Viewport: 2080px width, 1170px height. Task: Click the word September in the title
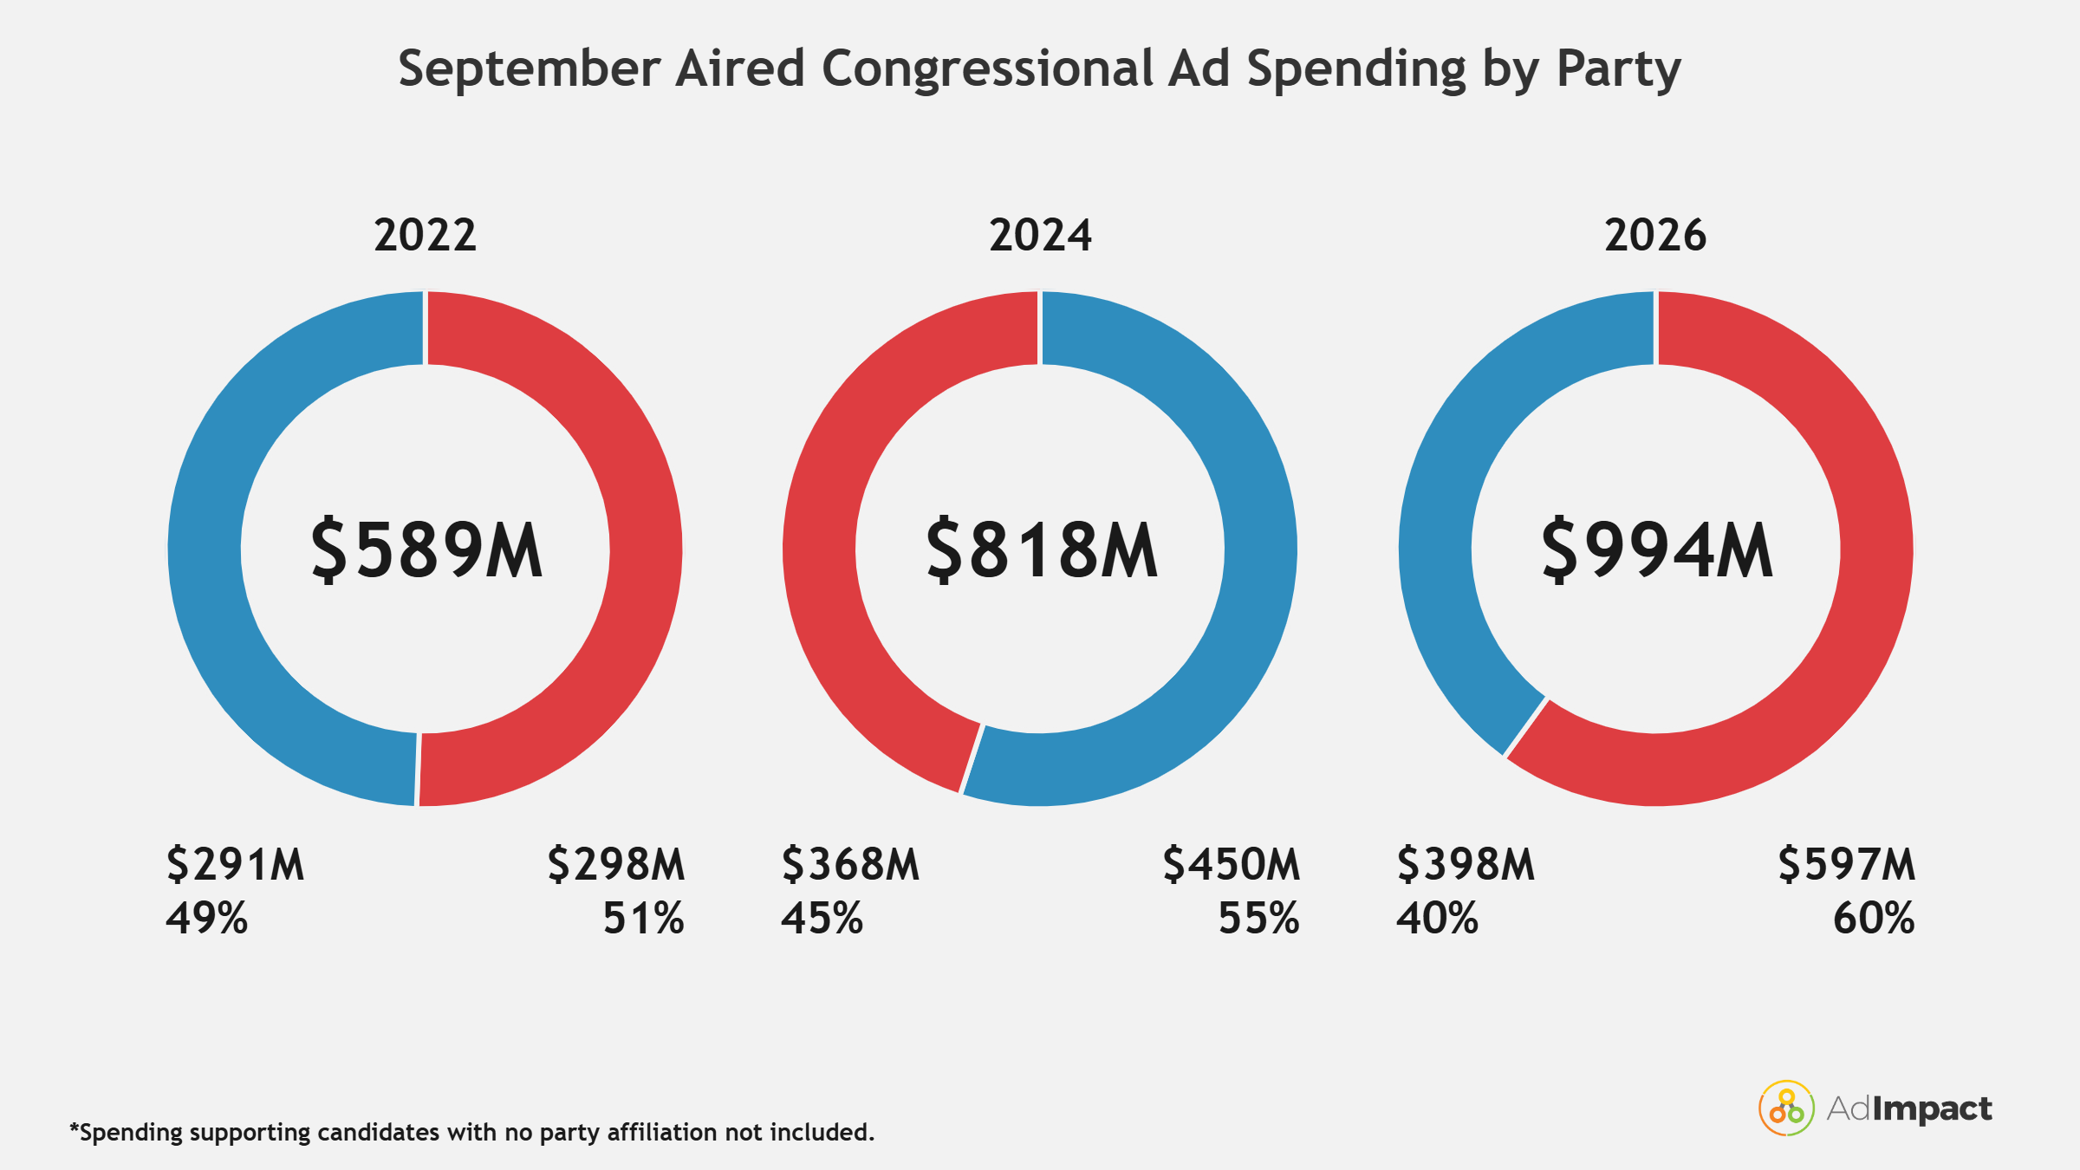(x=530, y=69)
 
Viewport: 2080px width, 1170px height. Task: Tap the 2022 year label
(x=426, y=235)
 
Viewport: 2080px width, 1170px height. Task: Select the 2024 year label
(x=1040, y=235)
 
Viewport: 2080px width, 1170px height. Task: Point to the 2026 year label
(x=1655, y=235)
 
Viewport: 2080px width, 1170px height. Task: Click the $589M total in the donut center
(x=426, y=549)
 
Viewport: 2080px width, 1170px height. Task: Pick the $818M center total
(x=1042, y=549)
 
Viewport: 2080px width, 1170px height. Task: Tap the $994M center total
(x=1657, y=549)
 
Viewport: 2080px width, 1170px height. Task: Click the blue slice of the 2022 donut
(x=205, y=549)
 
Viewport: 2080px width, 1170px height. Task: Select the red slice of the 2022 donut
(x=646, y=549)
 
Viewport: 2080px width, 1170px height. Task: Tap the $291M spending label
(x=236, y=864)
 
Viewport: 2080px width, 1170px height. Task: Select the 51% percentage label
(x=644, y=918)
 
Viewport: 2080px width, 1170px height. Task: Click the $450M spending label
(x=1232, y=864)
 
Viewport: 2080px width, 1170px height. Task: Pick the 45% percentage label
(x=822, y=918)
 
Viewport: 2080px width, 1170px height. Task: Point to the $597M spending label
(x=1847, y=864)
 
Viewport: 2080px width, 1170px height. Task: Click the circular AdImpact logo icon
(x=1786, y=1108)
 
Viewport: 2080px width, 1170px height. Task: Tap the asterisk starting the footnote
(x=75, y=1128)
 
